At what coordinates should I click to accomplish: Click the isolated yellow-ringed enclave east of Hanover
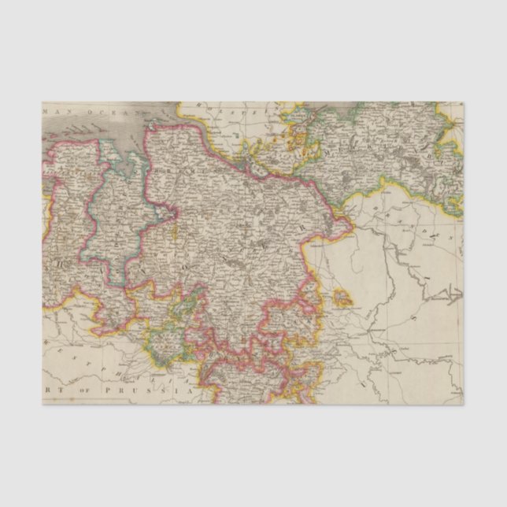coord(342,298)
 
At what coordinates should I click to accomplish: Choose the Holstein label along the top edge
coord(236,110)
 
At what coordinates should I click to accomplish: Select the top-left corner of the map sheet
coord(43,102)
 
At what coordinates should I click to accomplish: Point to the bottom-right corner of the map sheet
coord(463,405)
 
